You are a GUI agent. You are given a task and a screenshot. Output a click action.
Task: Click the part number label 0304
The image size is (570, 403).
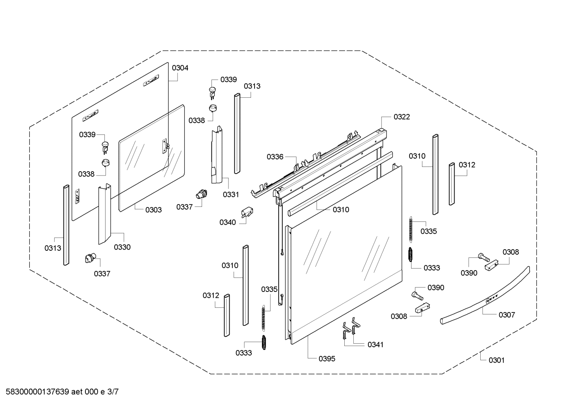click(x=180, y=68)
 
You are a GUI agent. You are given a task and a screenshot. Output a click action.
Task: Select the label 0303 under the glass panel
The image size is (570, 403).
click(x=153, y=210)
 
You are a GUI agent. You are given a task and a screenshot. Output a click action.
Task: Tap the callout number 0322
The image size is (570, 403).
click(x=402, y=117)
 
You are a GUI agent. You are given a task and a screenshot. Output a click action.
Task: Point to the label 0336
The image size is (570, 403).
click(x=275, y=157)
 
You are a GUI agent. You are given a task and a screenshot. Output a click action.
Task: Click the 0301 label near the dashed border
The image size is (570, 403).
click(x=496, y=360)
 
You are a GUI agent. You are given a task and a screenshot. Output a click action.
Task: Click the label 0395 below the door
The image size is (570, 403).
click(x=327, y=359)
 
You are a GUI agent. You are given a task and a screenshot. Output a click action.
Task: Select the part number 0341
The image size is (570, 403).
click(x=376, y=345)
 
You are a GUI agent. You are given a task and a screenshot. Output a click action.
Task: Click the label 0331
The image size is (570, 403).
click(x=231, y=195)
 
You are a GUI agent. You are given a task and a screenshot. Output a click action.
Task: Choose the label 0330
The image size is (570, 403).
click(x=122, y=248)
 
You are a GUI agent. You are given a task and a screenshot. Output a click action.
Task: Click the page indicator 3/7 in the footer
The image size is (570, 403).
click(x=113, y=392)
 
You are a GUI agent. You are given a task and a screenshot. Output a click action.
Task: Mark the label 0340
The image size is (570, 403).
click(x=228, y=223)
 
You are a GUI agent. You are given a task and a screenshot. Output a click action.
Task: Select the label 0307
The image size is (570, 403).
click(x=507, y=315)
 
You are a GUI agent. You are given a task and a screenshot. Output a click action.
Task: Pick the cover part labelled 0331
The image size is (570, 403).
click(x=217, y=155)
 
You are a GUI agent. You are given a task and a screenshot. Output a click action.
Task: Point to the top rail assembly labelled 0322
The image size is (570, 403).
click(x=328, y=162)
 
